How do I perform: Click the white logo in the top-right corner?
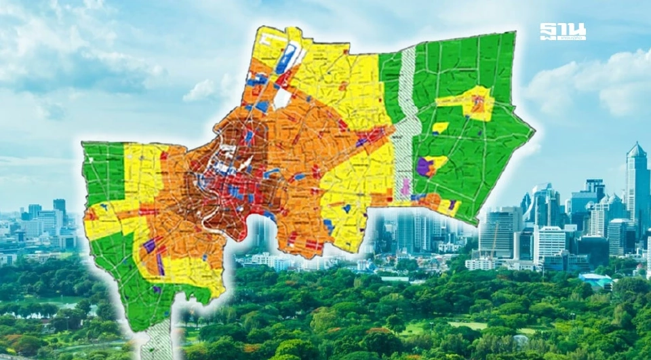coord(562,31)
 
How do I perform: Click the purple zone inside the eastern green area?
coord(425,166)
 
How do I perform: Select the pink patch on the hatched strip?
coord(406,186)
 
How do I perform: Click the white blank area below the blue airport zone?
coord(283,99)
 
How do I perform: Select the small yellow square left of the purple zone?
coord(441,127)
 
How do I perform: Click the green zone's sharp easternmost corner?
coord(534,129)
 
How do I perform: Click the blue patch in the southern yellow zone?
coord(328,227)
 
